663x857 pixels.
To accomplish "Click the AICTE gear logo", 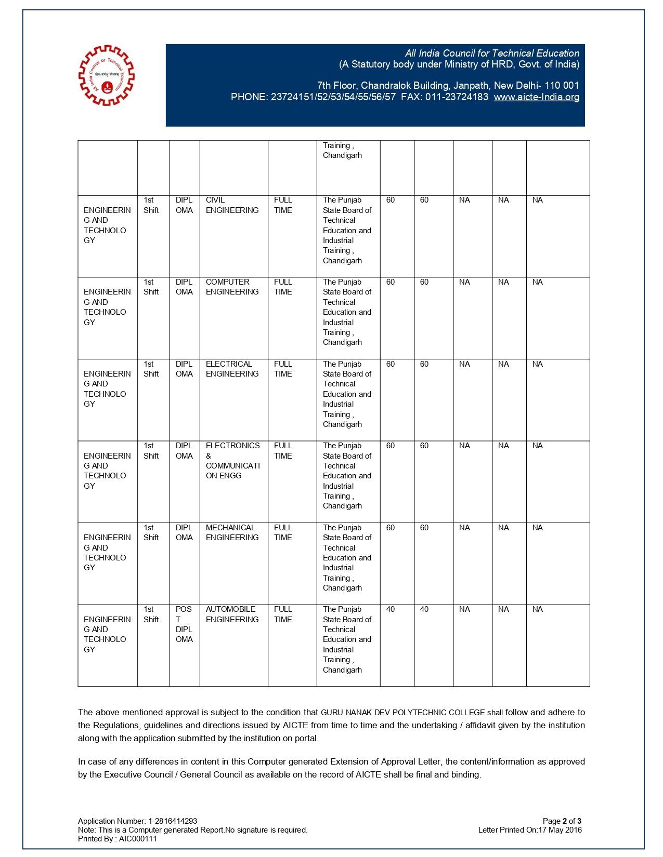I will click(106, 75).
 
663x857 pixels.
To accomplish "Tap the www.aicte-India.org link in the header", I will click(536, 97).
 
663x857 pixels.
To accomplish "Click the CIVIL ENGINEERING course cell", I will click(232, 205).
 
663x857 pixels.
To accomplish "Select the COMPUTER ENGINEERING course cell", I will click(232, 287).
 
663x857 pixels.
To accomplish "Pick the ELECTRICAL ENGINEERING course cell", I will click(232, 369).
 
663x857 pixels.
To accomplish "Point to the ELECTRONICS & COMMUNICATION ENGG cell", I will click(232, 460).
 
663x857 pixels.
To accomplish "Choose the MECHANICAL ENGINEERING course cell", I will click(232, 532).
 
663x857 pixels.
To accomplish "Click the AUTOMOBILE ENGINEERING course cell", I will click(232, 614).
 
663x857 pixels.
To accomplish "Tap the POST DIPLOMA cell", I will click(184, 624).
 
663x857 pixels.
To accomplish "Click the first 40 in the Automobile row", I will click(391, 609).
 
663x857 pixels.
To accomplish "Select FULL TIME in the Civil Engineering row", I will click(283, 205).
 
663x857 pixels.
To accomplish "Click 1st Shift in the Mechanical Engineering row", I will click(151, 532).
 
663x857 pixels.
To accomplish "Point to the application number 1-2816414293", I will click(173, 821).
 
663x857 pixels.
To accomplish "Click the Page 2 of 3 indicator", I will click(562, 821).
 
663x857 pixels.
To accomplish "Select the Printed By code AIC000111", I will click(138, 839).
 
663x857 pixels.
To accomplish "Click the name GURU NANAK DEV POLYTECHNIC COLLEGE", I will click(402, 713).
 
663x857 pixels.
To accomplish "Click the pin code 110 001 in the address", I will click(562, 86).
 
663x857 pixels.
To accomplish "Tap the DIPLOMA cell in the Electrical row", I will click(184, 369).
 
